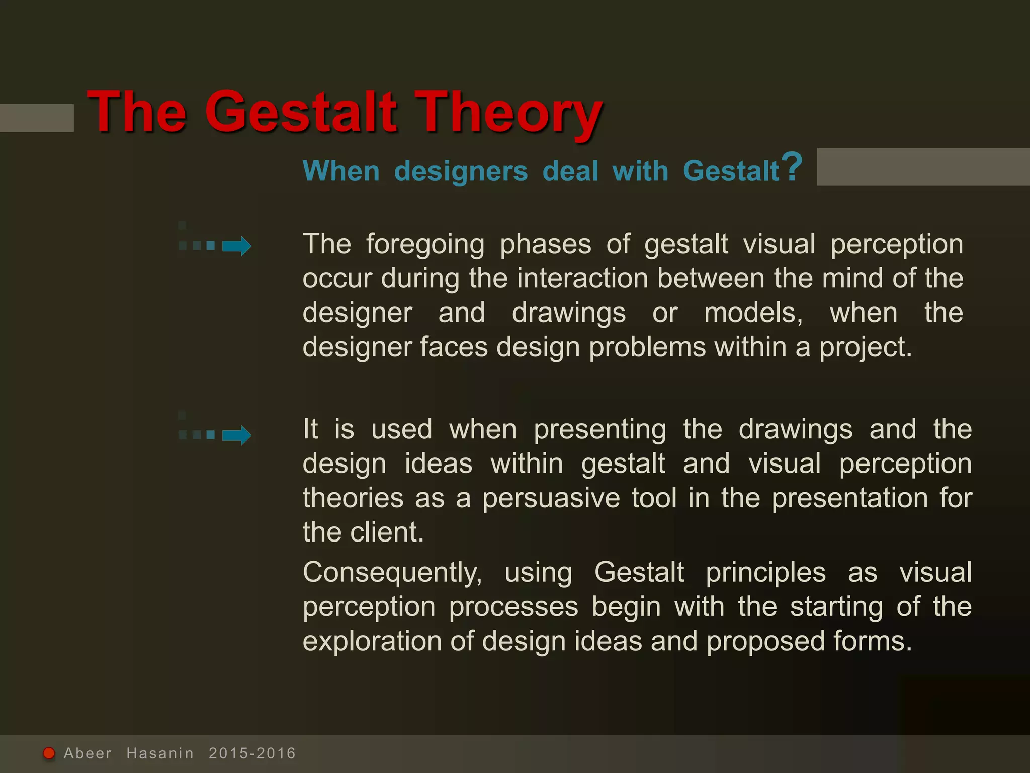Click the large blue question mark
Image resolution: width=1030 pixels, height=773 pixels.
[793, 167]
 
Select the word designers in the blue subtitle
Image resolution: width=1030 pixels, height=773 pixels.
[461, 171]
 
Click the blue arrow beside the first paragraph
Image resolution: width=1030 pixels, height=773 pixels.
[236, 246]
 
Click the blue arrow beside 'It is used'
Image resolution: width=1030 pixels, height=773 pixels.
[236, 435]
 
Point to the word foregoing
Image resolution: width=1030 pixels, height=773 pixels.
[425, 245]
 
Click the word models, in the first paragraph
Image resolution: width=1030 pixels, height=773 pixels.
[753, 313]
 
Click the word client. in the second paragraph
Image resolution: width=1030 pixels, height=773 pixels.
[387, 532]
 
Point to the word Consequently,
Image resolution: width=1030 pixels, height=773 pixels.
[392, 573]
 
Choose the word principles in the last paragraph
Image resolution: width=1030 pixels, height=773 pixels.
[765, 573]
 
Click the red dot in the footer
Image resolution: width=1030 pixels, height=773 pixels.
[49, 753]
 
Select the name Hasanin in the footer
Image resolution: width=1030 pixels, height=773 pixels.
[160, 753]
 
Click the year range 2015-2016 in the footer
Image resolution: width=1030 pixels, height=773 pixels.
[252, 753]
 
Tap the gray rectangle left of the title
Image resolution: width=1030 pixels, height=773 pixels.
[36, 118]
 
